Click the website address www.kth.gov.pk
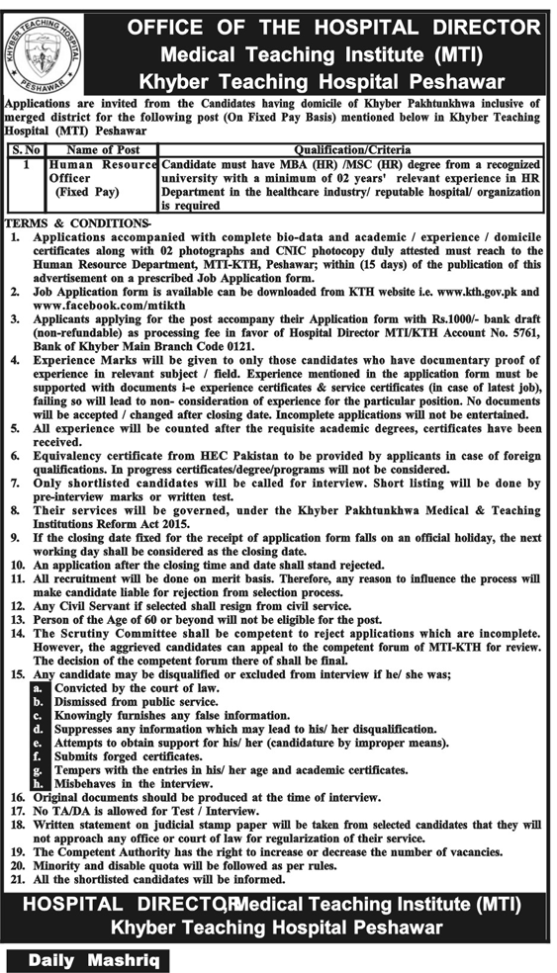tap(477, 294)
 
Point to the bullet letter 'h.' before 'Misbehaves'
tap(38, 782)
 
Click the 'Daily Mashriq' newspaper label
tap(86, 959)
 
